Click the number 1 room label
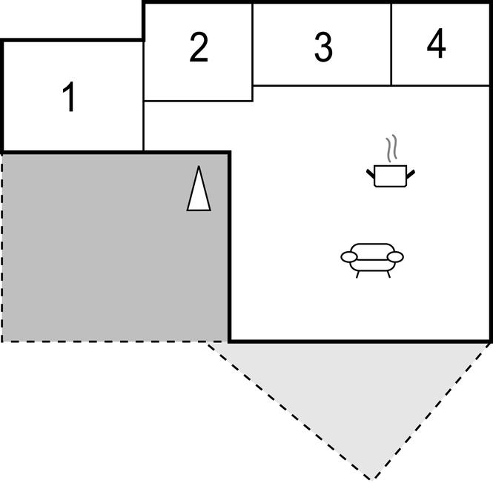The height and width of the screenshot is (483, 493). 70,99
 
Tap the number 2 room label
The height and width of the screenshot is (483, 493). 198,48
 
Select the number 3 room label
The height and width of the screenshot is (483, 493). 322,48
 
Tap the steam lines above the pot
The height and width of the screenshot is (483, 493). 392,149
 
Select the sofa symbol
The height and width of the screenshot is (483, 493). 372,259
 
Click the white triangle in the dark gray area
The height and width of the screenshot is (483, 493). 198,190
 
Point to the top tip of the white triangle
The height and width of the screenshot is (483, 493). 198,168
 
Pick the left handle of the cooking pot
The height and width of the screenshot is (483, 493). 370,173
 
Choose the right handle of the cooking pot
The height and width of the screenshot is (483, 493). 411,173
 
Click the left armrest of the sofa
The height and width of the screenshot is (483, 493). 349,257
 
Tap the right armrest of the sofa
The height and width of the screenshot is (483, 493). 396,257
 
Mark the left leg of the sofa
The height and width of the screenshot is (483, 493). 358,273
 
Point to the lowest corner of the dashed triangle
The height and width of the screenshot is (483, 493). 371,479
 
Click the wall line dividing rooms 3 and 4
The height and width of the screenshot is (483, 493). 391,44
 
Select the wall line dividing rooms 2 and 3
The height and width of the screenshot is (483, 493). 253,44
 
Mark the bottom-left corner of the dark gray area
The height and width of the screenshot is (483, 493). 2,341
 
